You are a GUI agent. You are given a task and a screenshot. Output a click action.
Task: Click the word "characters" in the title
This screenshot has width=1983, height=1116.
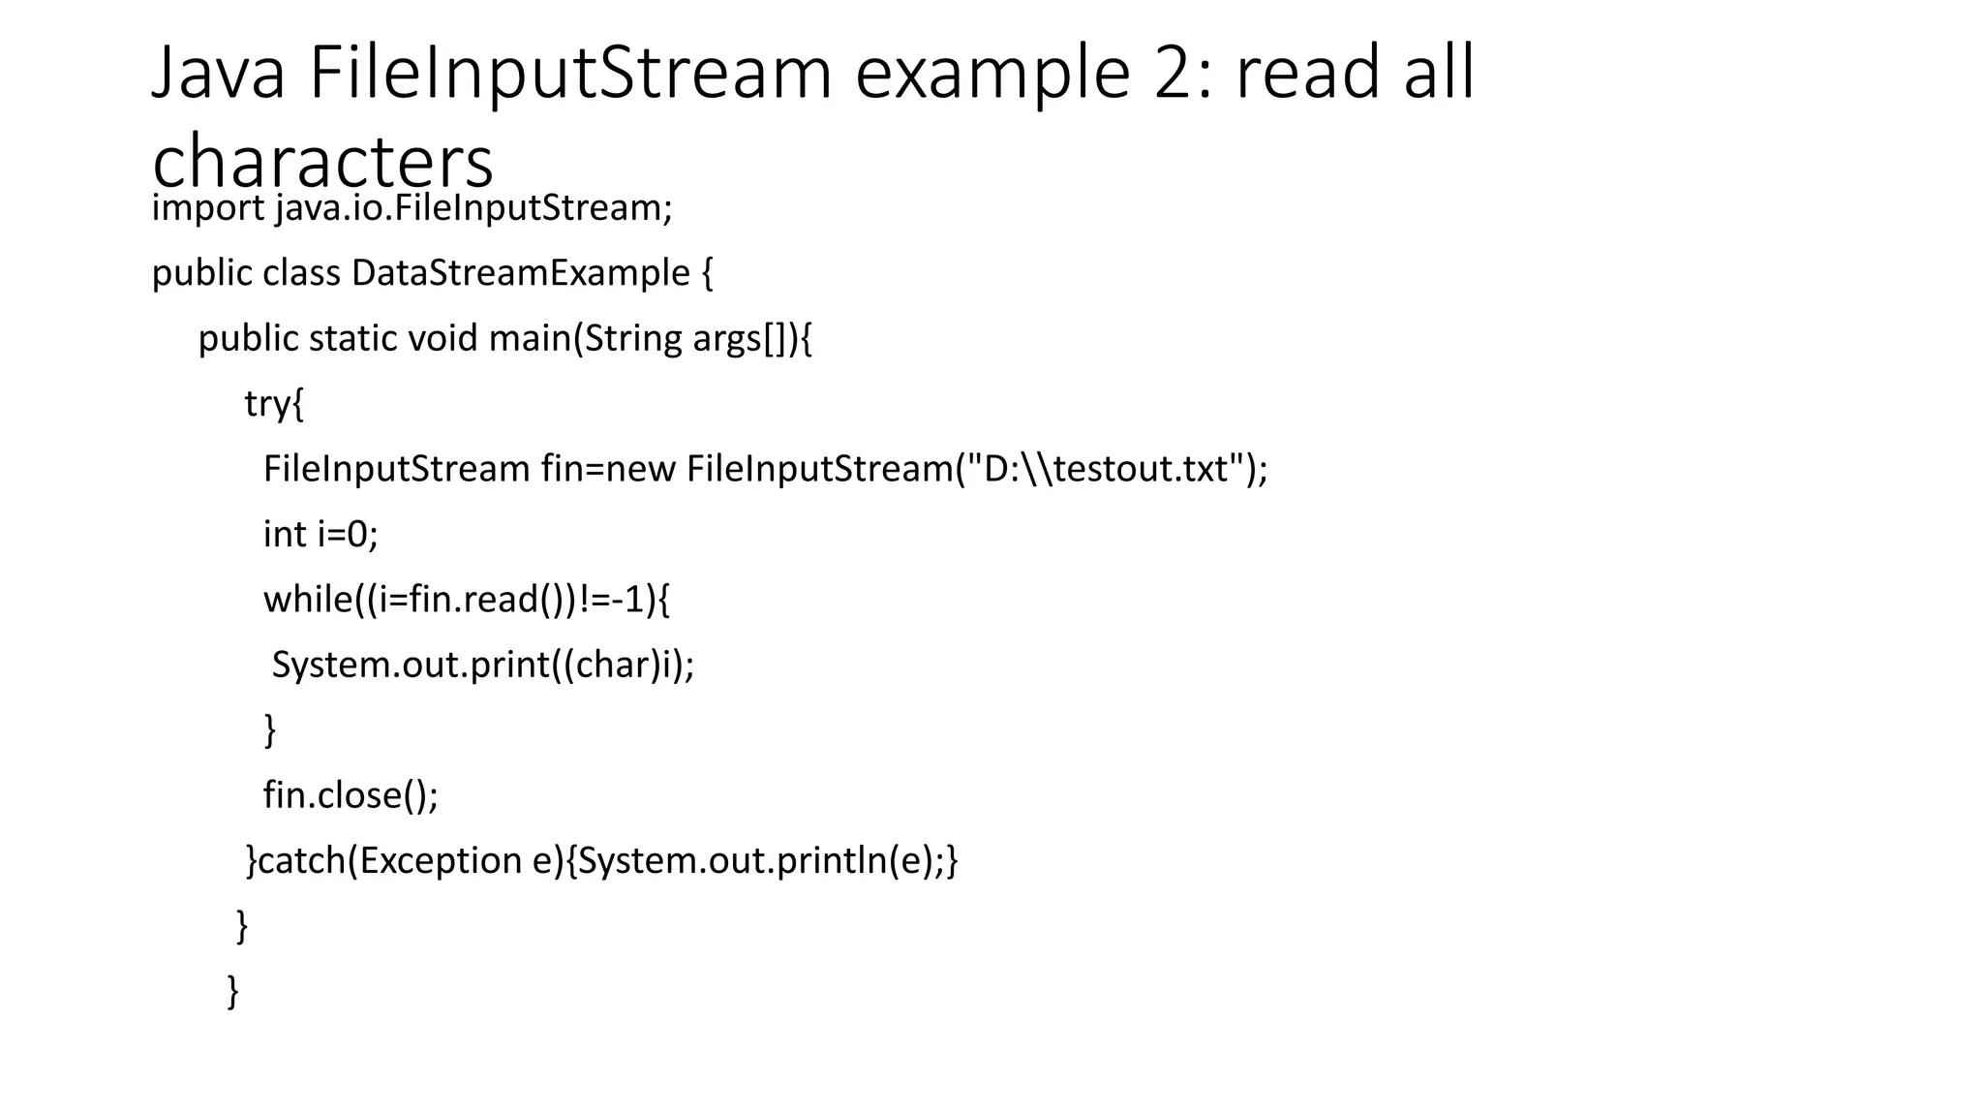[322, 161]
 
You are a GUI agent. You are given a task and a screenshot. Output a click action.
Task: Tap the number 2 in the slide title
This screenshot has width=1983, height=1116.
[1174, 73]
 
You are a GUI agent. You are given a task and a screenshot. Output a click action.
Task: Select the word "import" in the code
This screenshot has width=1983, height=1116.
[208, 208]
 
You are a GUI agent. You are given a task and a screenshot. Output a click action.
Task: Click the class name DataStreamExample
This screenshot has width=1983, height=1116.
[521, 273]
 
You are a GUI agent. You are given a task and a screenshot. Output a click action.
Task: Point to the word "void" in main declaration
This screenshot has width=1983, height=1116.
[442, 339]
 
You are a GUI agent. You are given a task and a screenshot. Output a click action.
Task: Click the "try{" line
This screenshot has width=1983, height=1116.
[274, 404]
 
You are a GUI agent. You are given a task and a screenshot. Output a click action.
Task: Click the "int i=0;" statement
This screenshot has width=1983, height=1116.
[320, 535]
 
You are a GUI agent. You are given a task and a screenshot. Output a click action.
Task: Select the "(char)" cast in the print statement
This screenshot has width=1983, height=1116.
[606, 666]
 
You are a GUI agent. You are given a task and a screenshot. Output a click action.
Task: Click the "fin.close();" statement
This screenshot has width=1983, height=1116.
[351, 795]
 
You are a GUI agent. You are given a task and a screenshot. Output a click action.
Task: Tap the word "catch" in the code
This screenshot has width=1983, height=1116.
[302, 861]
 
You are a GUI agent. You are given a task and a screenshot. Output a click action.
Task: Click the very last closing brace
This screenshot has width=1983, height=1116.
[233, 991]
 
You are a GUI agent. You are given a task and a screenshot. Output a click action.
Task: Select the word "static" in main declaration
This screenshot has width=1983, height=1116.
[352, 339]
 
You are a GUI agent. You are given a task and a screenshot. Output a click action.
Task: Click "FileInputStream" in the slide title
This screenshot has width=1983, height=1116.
[570, 73]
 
